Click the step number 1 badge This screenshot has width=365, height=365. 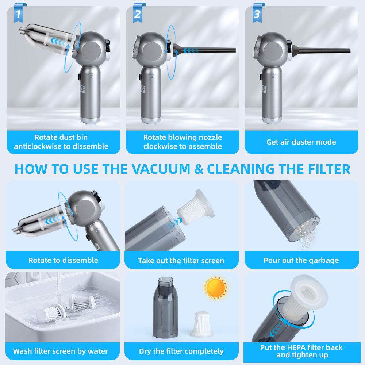pyautogui.click(x=19, y=13)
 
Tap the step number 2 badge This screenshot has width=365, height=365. pyautogui.click(x=138, y=13)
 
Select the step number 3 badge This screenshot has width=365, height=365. pyautogui.click(x=257, y=13)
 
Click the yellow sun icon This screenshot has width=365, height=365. pyautogui.click(x=215, y=288)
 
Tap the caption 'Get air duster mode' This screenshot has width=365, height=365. pyautogui.click(x=301, y=142)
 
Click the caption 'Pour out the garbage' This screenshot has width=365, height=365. pyautogui.click(x=301, y=260)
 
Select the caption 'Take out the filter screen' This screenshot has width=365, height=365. pyautogui.click(x=181, y=261)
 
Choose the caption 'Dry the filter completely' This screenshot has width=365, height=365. pyautogui.click(x=181, y=351)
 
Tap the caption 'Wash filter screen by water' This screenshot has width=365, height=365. pyautogui.click(x=61, y=351)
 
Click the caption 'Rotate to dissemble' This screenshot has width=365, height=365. pyautogui.click(x=63, y=260)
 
